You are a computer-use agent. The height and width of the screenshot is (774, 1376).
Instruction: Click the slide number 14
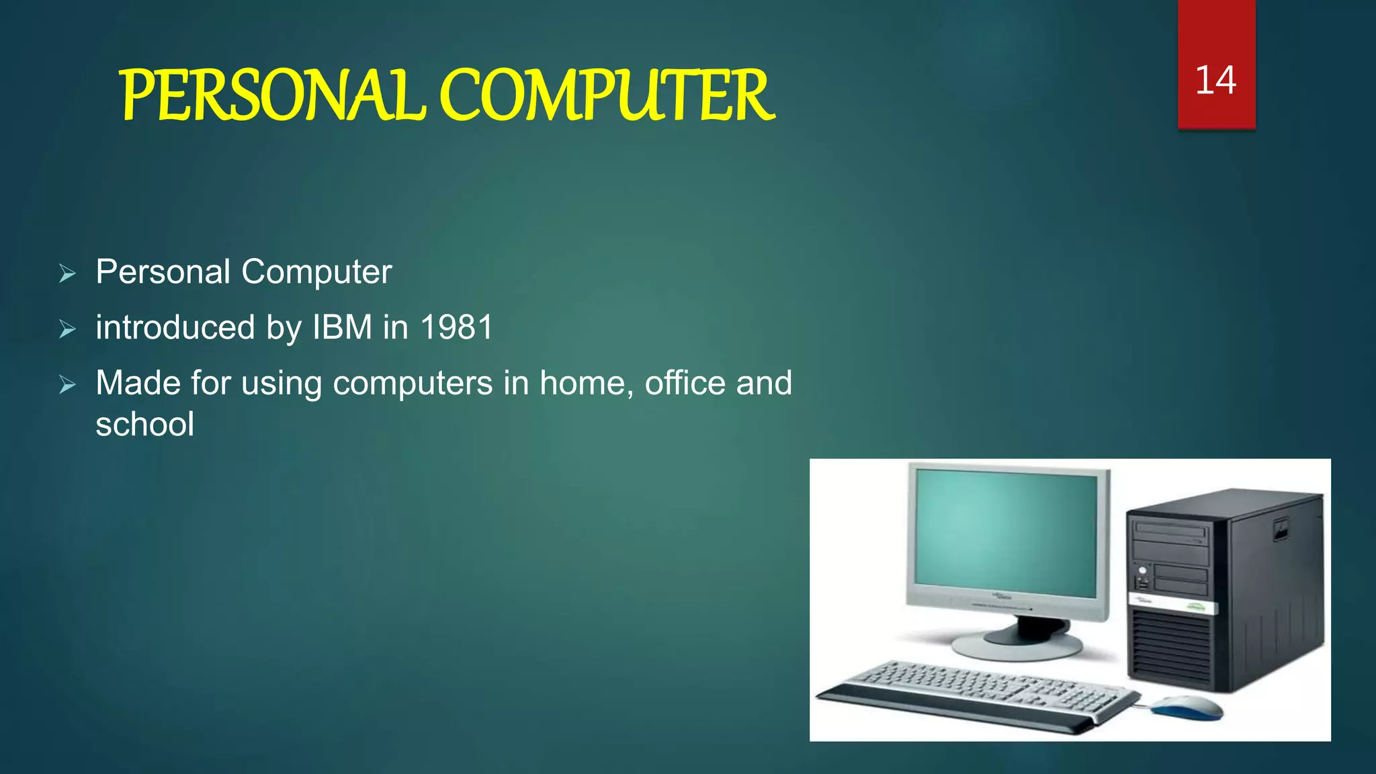click(1215, 81)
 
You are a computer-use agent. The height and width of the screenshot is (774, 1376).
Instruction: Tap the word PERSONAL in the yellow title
click(273, 97)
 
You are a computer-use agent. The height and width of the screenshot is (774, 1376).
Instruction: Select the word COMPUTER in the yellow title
click(606, 97)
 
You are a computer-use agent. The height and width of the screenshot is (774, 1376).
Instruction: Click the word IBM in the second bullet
click(342, 328)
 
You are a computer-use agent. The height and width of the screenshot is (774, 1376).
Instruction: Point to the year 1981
click(457, 328)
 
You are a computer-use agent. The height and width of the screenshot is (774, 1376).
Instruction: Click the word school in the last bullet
click(145, 425)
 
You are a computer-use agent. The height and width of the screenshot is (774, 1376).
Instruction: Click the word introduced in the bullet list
click(175, 328)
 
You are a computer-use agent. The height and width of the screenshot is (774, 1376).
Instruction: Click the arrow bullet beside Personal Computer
click(67, 273)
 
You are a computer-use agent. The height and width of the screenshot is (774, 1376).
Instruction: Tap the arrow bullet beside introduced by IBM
click(67, 329)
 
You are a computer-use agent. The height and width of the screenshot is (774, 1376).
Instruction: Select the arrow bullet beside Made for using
click(67, 385)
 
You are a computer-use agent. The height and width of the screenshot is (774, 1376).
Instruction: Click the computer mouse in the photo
click(1187, 707)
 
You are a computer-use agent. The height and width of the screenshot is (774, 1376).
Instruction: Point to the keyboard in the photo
click(974, 692)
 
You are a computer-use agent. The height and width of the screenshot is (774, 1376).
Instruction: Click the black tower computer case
click(1223, 591)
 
